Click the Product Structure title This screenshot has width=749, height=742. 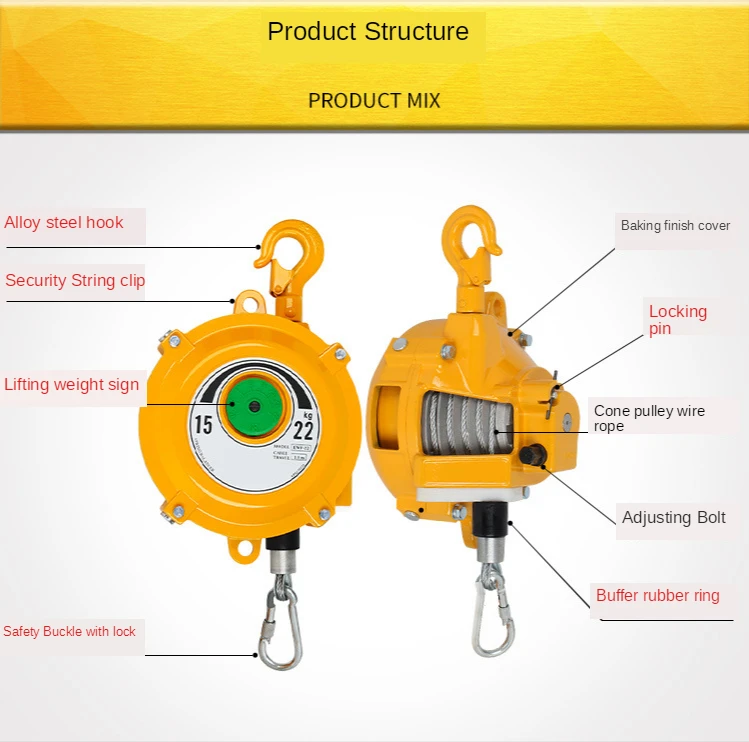coord(367,32)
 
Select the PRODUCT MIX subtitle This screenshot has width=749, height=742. coord(374,101)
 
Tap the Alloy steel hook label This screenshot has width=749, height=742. coord(64,223)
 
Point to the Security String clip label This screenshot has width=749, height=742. coord(75,281)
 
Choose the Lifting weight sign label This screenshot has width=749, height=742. coord(72,385)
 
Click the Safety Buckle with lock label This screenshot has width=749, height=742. coord(69,632)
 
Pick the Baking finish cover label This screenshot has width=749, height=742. coord(675,226)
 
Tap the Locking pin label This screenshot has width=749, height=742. coord(677,320)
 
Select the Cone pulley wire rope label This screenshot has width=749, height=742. coord(649,418)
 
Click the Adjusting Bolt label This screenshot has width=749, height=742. coord(673,518)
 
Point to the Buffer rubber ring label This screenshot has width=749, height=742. coord(657,596)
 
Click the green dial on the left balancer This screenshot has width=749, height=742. coord(254,407)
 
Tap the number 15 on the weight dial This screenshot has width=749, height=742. coord(203,425)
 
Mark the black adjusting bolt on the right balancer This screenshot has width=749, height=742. coord(532,455)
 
